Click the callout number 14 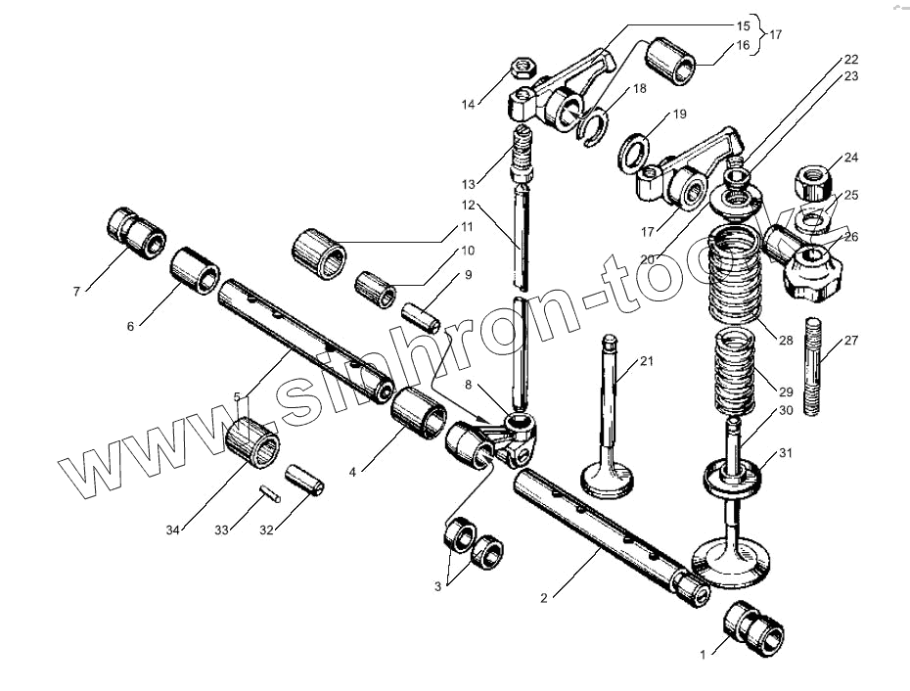coord(468,105)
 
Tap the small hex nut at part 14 coord(523,68)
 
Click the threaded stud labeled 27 coord(812,366)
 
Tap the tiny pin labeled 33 coord(270,493)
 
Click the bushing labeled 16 coord(670,62)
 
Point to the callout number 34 coord(172,530)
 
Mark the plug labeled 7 coord(136,233)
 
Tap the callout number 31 coord(785,453)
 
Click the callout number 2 coord(544,598)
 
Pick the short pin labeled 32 coord(304,480)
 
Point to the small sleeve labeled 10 coord(376,289)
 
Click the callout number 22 coord(851,60)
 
